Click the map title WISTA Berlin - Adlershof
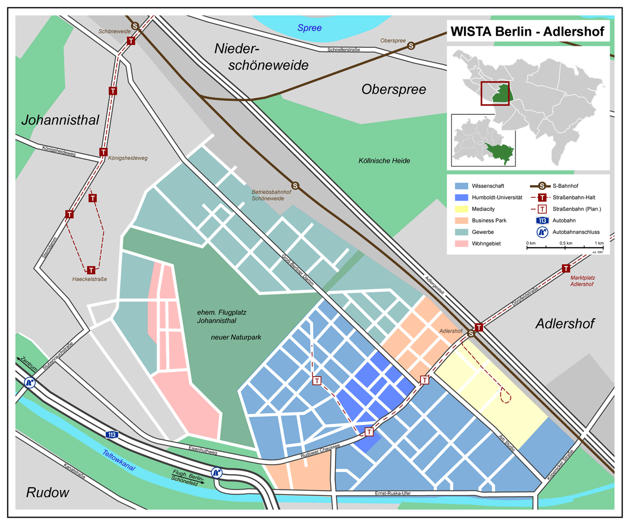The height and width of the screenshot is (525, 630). [x=527, y=31]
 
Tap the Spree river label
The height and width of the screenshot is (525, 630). [x=309, y=28]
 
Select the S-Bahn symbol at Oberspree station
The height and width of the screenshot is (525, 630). [x=411, y=46]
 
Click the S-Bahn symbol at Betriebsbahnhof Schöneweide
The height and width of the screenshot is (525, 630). [x=295, y=186]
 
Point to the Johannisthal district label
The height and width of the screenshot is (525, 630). [x=60, y=120]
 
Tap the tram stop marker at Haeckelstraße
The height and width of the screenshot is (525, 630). [x=91, y=270]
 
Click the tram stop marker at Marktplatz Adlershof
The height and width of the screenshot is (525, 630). [x=566, y=268]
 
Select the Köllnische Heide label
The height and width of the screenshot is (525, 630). [x=384, y=160]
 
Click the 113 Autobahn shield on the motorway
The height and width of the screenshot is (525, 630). [x=112, y=435]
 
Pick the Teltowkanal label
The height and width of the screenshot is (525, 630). [x=119, y=460]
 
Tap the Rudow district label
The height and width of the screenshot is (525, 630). [x=48, y=492]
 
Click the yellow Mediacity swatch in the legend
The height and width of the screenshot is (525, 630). [x=461, y=209]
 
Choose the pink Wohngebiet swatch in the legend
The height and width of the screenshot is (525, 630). [x=461, y=243]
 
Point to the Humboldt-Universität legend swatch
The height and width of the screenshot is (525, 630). [x=461, y=197]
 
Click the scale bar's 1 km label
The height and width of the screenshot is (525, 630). [x=599, y=243]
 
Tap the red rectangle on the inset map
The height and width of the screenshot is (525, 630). [x=495, y=93]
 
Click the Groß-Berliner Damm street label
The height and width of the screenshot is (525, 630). [x=298, y=270]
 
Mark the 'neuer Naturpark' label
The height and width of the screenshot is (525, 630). [x=236, y=337]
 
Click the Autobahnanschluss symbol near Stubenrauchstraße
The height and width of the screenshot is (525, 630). [x=29, y=383]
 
